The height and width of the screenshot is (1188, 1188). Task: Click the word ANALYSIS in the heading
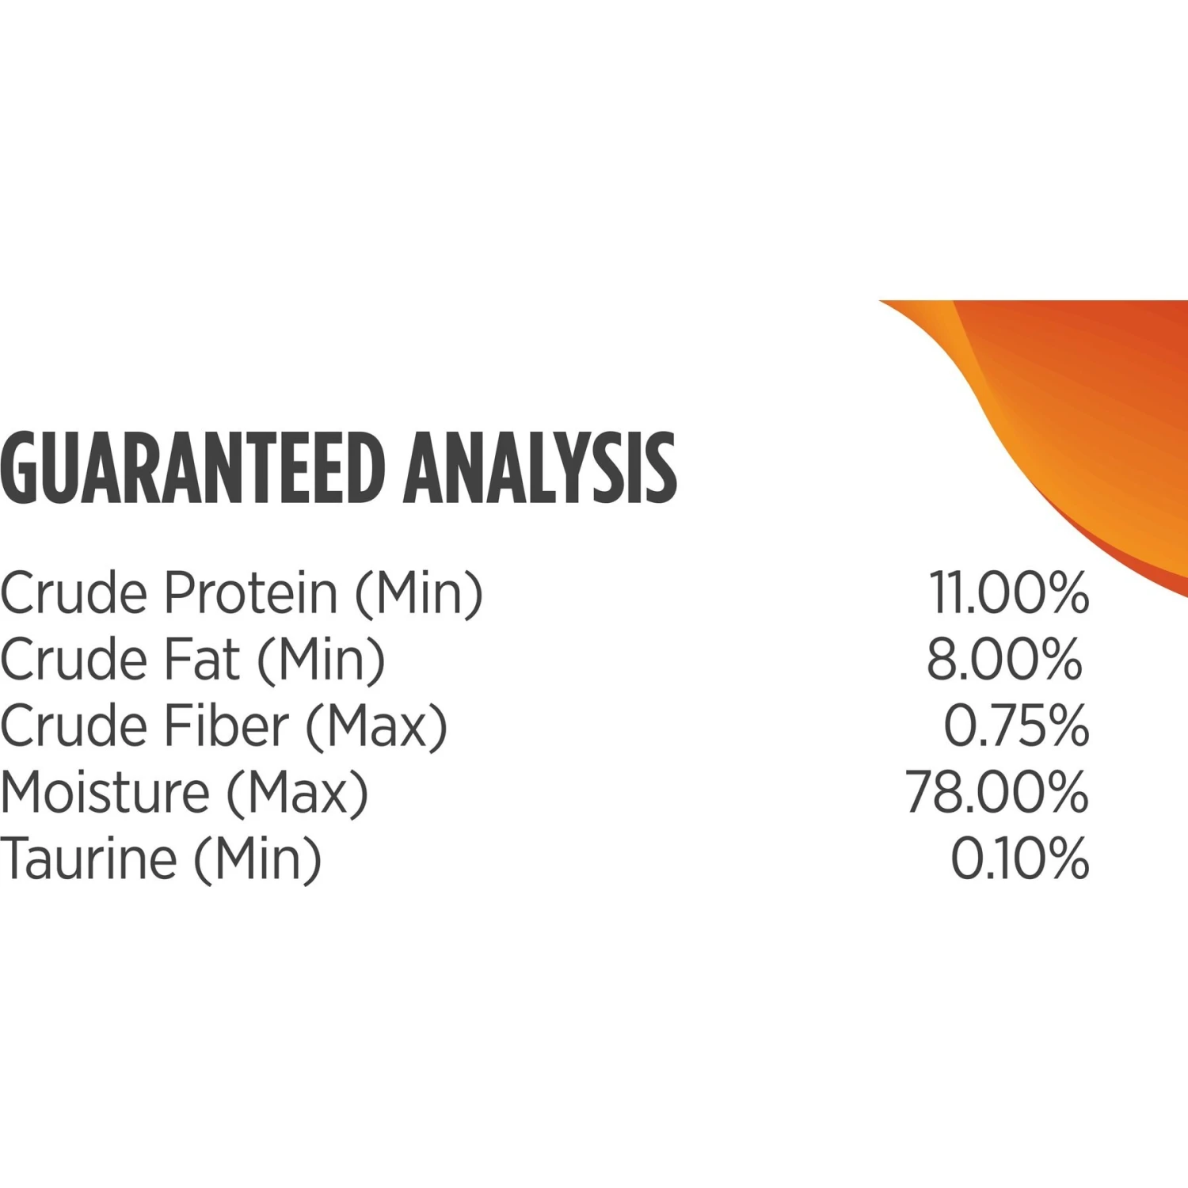(540, 468)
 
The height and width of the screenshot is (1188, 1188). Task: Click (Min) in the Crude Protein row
(419, 594)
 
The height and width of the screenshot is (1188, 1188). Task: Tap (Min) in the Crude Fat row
(321, 661)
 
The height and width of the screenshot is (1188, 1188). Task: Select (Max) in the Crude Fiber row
(377, 727)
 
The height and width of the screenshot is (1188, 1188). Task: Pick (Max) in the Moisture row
(298, 794)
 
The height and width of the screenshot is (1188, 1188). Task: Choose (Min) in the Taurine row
(258, 860)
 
